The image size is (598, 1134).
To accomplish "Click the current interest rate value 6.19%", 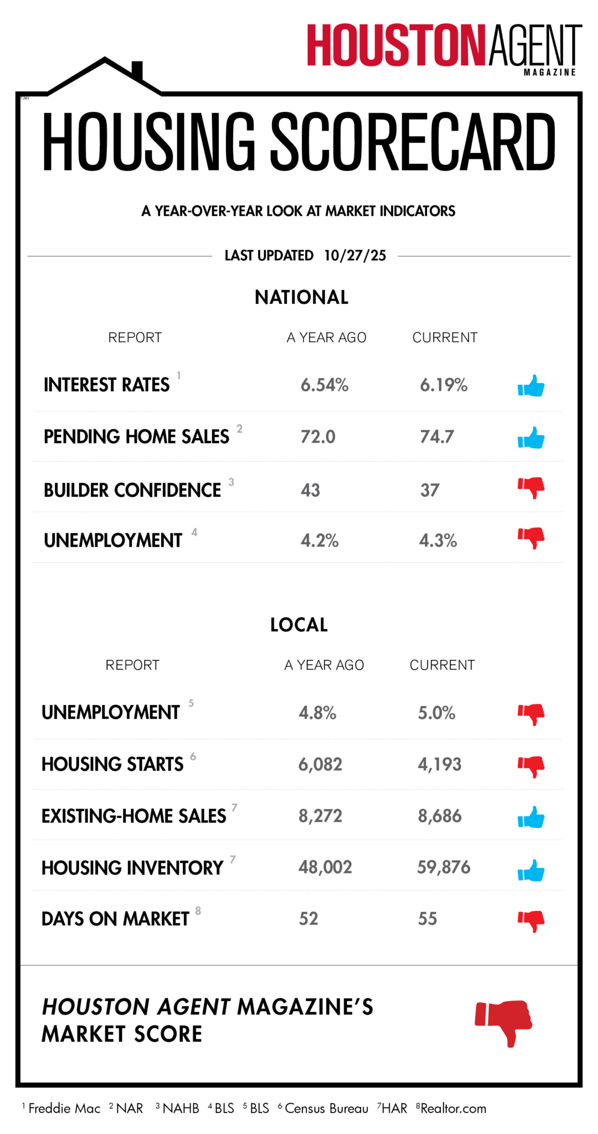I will click(x=444, y=385).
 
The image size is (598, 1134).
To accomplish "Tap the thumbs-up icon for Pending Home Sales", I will click(x=531, y=437).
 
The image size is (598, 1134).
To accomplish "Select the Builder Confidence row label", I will click(x=132, y=490).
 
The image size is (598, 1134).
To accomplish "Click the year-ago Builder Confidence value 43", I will click(x=310, y=490).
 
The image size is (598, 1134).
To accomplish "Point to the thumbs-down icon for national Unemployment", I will click(x=531, y=537).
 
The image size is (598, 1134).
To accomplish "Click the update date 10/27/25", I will click(x=355, y=255).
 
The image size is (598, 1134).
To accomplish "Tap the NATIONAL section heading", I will click(x=301, y=297).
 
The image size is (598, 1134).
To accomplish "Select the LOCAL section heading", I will click(x=299, y=625).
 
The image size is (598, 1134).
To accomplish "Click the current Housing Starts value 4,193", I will click(x=439, y=764).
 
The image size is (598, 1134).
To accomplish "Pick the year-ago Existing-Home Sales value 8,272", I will click(x=320, y=816).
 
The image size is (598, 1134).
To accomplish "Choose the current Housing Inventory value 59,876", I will click(x=444, y=867).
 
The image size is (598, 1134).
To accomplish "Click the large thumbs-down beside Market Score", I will click(x=504, y=1022).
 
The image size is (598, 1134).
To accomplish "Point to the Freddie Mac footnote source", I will click(x=64, y=1109).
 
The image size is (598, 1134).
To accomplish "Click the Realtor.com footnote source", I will click(x=453, y=1109).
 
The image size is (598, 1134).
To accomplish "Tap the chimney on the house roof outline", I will click(x=137, y=70).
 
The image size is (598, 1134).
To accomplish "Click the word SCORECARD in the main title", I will click(x=413, y=142).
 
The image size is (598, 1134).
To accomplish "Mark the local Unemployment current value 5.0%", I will click(x=436, y=713).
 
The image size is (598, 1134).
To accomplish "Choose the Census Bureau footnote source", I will click(x=326, y=1109).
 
